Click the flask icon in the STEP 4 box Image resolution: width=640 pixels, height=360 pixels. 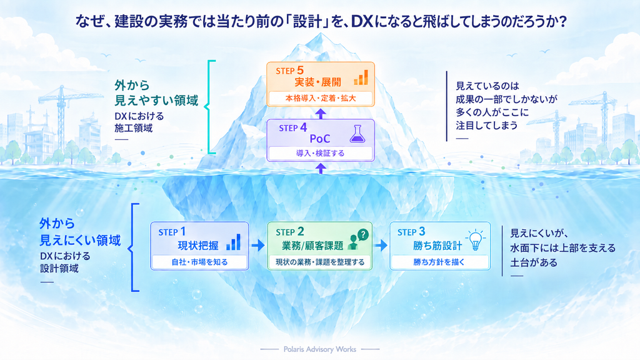point(357,134)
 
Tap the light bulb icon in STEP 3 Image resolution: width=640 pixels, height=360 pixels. point(476,240)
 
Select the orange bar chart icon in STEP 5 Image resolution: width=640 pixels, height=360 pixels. point(361,77)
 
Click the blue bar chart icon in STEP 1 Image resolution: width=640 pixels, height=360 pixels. point(234,242)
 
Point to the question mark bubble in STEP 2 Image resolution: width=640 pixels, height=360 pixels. point(362,234)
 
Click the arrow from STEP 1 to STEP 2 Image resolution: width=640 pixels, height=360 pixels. point(258,245)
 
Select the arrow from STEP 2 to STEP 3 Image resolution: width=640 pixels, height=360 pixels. point(381,245)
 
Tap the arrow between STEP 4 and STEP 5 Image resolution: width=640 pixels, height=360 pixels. point(321,114)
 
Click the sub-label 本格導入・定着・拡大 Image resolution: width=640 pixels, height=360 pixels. point(321,98)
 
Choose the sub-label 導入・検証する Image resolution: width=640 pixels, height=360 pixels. point(321,154)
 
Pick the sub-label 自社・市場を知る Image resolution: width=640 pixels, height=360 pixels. point(199,262)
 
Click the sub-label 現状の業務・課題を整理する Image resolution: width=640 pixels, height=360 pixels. point(320,262)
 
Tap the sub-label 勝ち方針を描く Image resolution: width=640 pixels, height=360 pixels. point(439,262)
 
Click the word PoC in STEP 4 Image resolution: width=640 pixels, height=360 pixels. point(320,139)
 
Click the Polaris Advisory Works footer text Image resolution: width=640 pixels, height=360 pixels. point(320,349)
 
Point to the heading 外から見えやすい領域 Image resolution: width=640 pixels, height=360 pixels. point(156,92)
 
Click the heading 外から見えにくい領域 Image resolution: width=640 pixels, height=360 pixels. point(80,232)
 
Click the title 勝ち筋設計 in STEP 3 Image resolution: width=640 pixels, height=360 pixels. point(437,246)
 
